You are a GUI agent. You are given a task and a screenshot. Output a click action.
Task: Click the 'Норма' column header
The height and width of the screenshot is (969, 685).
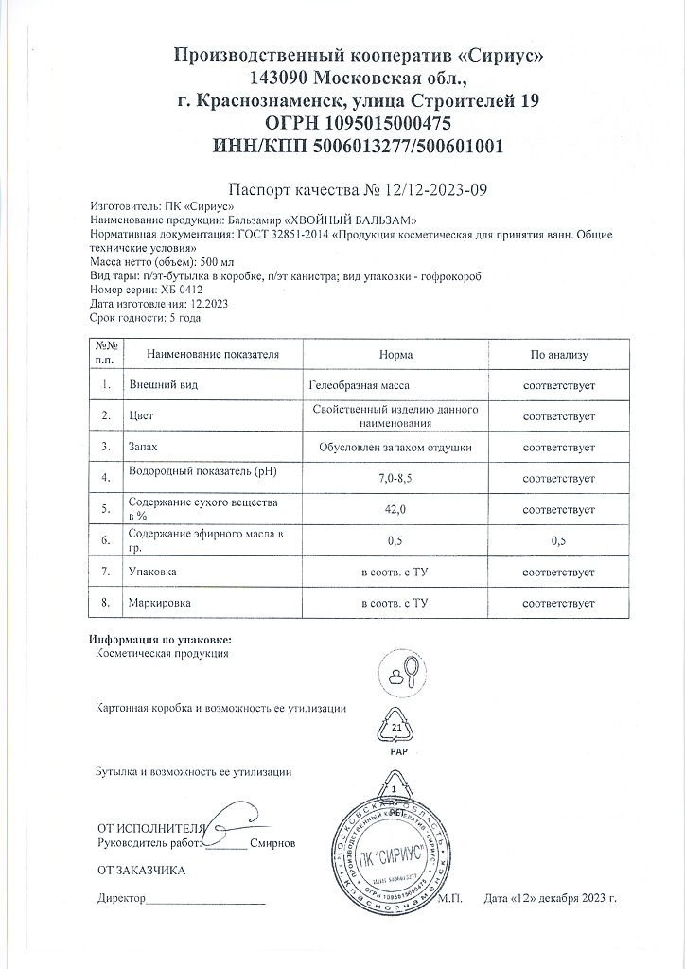coord(395,355)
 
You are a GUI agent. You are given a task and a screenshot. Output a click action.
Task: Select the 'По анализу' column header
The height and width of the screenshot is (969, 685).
coord(558,355)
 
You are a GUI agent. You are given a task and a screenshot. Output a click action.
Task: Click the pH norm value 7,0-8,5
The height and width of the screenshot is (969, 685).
coord(395,479)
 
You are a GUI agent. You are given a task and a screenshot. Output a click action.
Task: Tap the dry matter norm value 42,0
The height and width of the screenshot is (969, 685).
coord(395,509)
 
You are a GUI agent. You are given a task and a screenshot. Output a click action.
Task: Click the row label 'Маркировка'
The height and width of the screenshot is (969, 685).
coord(153,603)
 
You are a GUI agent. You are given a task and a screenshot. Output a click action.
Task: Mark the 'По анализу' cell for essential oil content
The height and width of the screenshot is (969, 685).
coord(558,540)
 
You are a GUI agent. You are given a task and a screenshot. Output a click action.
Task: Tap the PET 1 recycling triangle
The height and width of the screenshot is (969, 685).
coord(393,790)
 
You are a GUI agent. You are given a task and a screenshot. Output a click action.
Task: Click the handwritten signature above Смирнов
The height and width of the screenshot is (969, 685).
coord(231,821)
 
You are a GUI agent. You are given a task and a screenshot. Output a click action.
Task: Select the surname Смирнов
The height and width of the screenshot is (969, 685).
coord(274,842)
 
